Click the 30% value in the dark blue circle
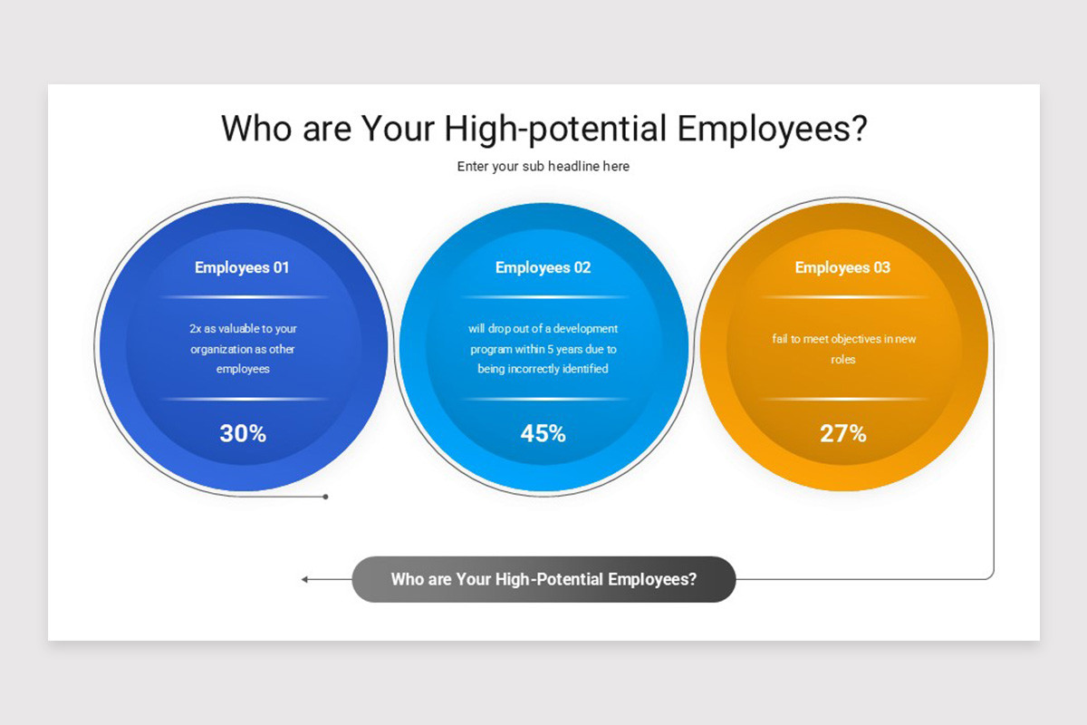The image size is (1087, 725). [x=243, y=433]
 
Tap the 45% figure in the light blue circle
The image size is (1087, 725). [x=543, y=433]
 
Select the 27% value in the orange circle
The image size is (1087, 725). [x=843, y=433]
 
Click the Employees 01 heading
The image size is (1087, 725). [x=242, y=267]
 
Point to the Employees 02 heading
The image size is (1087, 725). [x=543, y=267]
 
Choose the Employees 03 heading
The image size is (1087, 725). [x=842, y=267]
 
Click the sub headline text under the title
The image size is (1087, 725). [x=543, y=167]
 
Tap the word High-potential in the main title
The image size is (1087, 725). [x=555, y=130]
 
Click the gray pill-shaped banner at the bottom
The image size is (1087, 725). [x=543, y=579]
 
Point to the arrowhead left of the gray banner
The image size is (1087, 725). [x=305, y=579]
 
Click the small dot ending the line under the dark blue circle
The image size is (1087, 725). [x=325, y=497]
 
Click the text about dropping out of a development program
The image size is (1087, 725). [x=543, y=349]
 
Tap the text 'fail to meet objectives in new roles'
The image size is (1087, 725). [x=843, y=349]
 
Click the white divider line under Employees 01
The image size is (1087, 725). [x=243, y=296]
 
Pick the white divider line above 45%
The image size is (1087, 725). [x=543, y=399]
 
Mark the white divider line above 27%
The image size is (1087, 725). [x=843, y=399]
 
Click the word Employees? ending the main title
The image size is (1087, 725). [x=772, y=130]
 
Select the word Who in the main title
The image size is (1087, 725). [x=256, y=129]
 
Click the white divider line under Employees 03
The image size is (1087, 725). [x=843, y=296]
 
